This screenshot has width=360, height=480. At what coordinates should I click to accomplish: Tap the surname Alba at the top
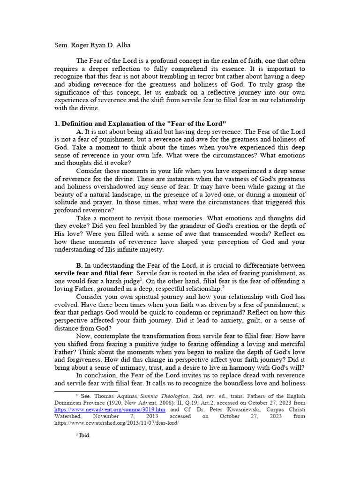(x=124, y=45)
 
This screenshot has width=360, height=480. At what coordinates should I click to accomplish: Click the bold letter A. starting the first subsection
(x=80, y=132)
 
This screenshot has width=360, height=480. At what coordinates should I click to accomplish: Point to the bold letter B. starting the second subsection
(x=80, y=266)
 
